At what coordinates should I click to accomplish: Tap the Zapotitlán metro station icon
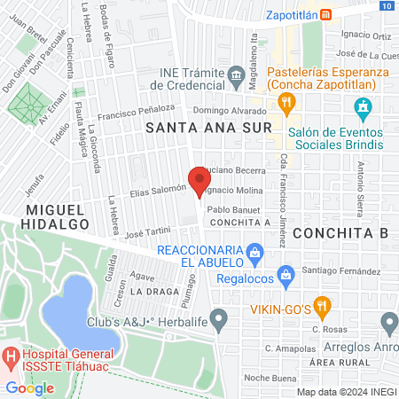pyautogui.click(x=326, y=14)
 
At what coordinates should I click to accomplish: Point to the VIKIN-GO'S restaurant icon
pyautogui.click(x=322, y=308)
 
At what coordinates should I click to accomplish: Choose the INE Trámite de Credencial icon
pyautogui.click(x=237, y=74)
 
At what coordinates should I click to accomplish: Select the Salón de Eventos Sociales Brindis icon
pyautogui.click(x=362, y=109)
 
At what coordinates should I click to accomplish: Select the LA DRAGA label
pyautogui.click(x=149, y=291)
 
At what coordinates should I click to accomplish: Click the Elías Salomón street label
pyautogui.click(x=158, y=189)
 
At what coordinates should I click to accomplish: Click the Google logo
pyautogui.click(x=29, y=387)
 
